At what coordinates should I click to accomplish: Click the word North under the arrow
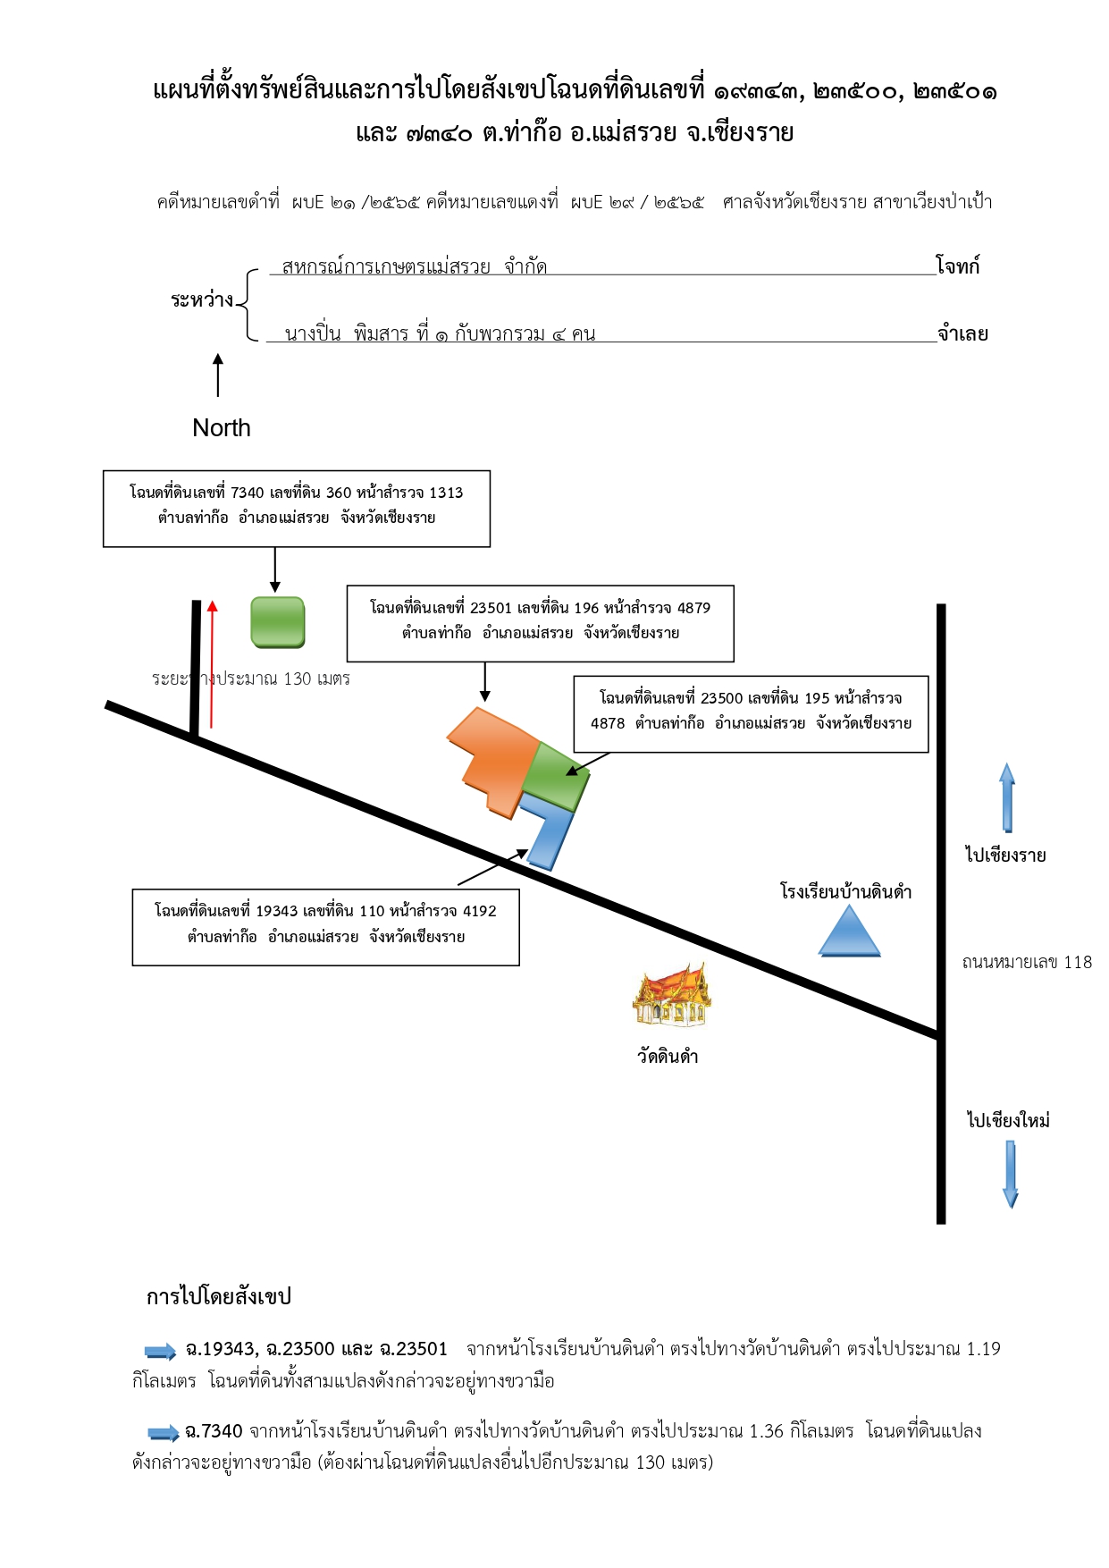[221, 428]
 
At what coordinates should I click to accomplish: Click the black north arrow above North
[217, 375]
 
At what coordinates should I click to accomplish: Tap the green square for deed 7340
[278, 622]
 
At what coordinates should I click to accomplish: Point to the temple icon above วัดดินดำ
[672, 994]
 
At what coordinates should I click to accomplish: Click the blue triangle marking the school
[849, 932]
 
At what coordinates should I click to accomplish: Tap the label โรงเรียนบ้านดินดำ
[845, 891]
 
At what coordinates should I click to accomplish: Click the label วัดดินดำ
[668, 1056]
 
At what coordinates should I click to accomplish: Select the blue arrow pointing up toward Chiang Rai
[1007, 797]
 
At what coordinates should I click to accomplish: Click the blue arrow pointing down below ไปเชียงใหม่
[1011, 1175]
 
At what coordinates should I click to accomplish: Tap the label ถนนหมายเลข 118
[1027, 962]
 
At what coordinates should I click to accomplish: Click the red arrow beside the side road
[212, 664]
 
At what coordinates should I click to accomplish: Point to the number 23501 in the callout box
[491, 608]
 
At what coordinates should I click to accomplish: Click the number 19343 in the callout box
[276, 911]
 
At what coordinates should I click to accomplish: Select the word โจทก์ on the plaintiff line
[957, 266]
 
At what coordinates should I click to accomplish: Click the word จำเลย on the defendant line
[962, 333]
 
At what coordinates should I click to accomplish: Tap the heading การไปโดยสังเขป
[219, 1296]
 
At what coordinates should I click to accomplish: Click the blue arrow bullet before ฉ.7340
[164, 1433]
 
